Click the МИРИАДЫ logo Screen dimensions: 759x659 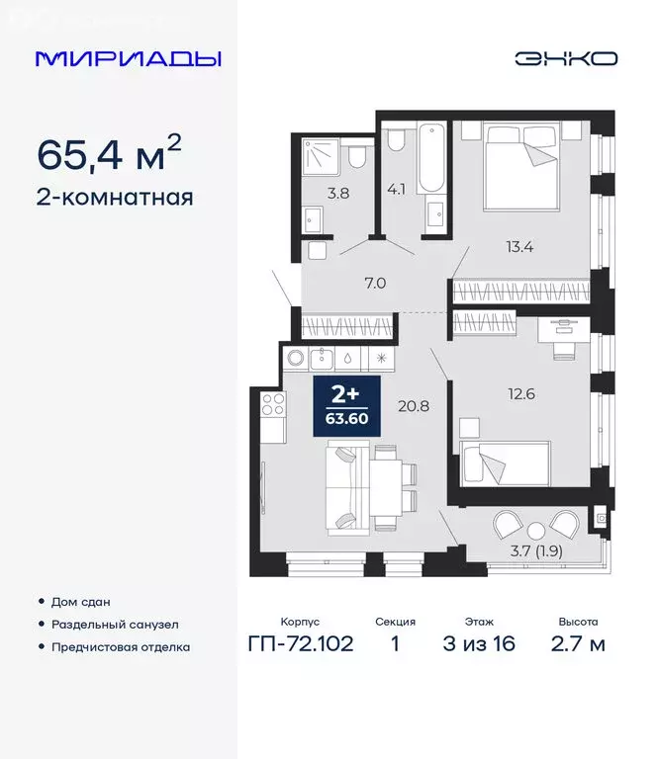tap(128, 58)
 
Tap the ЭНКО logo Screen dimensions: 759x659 tap(565, 58)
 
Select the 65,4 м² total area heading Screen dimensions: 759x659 tap(109, 154)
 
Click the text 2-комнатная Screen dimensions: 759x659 tap(115, 197)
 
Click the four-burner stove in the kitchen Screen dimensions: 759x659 tap(273, 404)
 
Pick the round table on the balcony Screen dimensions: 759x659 tap(536, 527)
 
